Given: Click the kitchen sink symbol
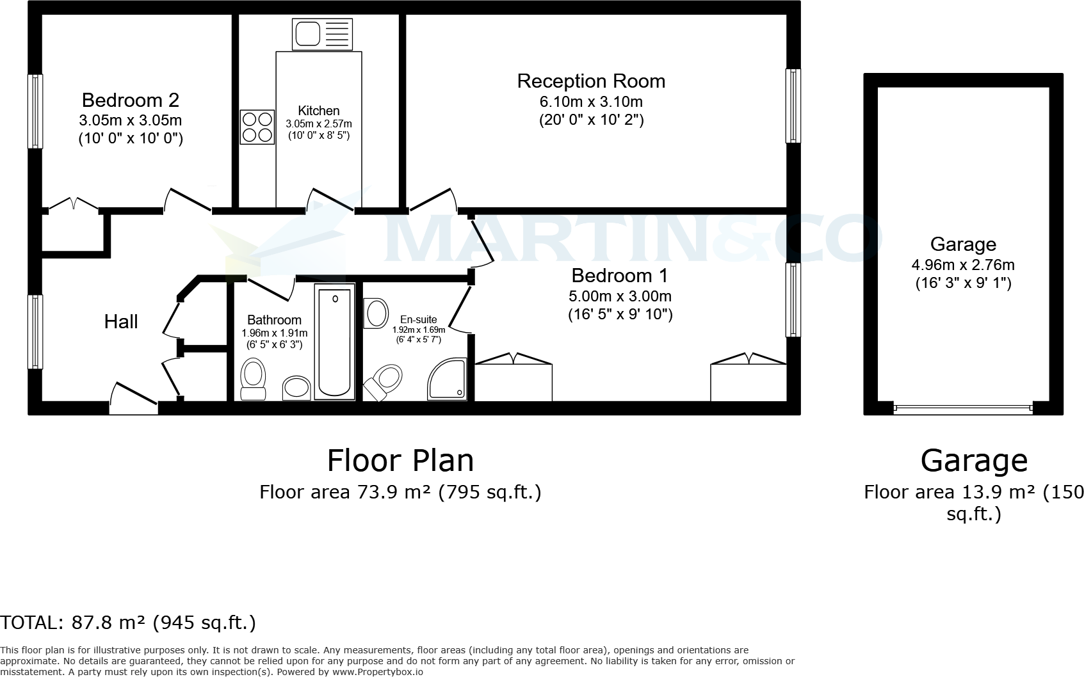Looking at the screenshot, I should point(322,34).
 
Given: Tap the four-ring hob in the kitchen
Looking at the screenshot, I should point(257,127).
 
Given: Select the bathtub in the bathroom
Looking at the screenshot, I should point(334,342).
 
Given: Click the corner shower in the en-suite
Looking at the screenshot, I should point(448,379).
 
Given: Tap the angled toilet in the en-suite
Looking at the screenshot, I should point(384,380).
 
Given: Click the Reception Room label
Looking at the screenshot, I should point(590,81).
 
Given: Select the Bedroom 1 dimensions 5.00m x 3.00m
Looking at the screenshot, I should point(620,296).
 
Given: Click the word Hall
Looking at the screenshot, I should point(121,321).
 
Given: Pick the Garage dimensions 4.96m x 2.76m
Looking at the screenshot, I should point(963,264).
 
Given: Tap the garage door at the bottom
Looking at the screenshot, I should point(963,407).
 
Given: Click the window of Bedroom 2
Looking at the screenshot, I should point(36,111).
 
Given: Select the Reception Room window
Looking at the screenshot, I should point(793,106).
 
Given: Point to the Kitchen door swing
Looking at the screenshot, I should point(323,199).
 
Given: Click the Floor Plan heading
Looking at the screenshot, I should point(400,460).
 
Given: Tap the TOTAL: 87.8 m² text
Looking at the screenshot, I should point(128,623).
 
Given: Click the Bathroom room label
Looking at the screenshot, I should point(274,320).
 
